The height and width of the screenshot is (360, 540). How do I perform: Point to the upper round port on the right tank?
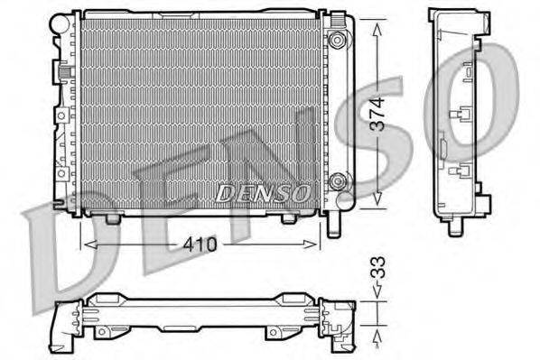tap(338, 40)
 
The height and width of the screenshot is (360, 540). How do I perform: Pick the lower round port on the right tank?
tap(338, 180)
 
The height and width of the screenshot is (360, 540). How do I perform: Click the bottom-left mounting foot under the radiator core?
tap(112, 217)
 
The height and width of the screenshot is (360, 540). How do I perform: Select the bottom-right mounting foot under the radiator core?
tap(288, 217)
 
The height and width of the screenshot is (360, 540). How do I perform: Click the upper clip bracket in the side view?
tap(461, 116)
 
